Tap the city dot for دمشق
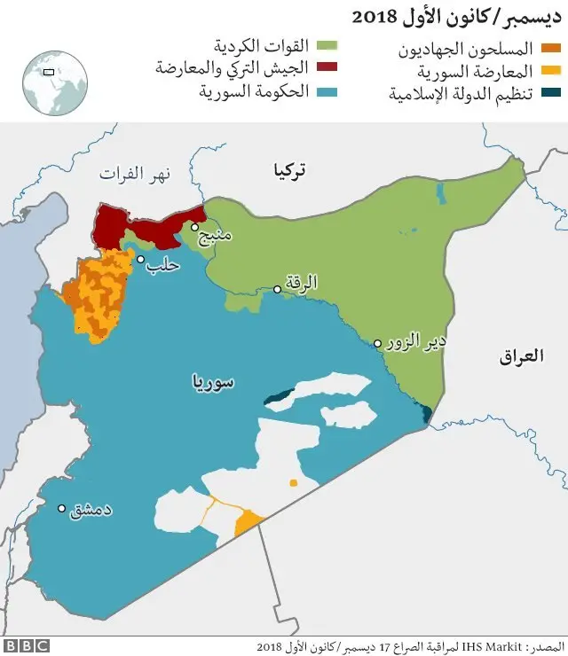click(x=62, y=509)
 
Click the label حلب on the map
click(x=164, y=264)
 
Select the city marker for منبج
click(x=194, y=227)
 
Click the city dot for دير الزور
click(x=378, y=343)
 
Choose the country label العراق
click(x=521, y=356)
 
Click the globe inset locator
click(x=55, y=82)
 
